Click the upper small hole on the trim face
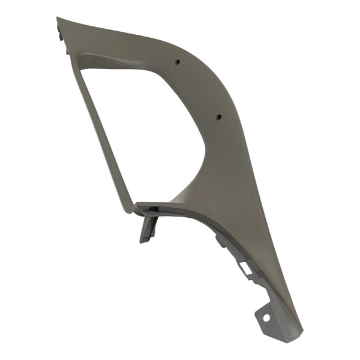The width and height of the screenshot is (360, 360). (x=179, y=62)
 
